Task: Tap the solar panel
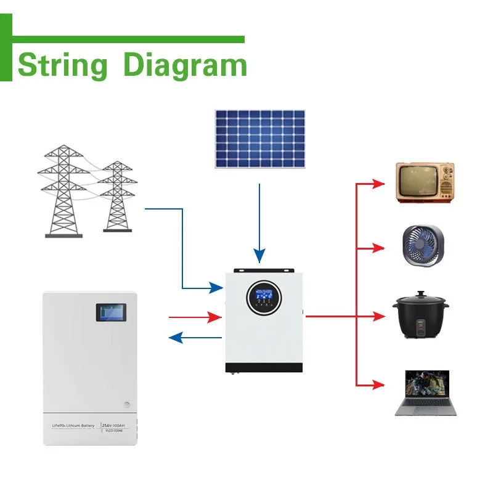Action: point(259,139)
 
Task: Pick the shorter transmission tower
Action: point(117,196)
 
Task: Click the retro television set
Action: point(424,182)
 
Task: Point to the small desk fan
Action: point(423,245)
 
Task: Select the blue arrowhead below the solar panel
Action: point(259,255)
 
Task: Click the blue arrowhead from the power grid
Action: point(216,288)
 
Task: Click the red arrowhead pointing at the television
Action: point(378,183)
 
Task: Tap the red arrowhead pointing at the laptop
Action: point(378,385)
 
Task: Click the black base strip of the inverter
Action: point(264,368)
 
